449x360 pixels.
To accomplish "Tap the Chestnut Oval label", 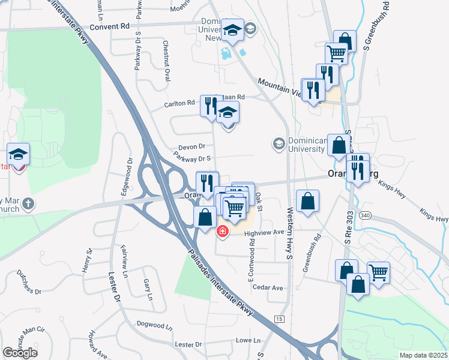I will click(166, 61).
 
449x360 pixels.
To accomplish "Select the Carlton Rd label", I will click(180, 103).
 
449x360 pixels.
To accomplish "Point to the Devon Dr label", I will click(191, 146).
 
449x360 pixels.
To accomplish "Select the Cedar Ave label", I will click(268, 288).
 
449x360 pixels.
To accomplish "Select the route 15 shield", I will click(279, 319).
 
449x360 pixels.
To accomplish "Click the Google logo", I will click(20, 353).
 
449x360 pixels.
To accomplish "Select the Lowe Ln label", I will click(247, 340).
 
